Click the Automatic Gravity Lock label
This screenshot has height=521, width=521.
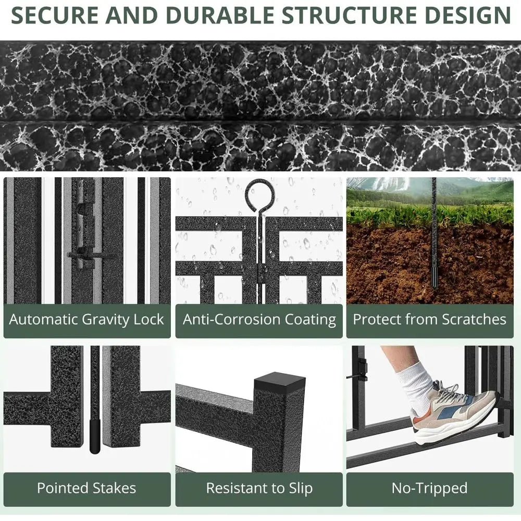tap(86, 319)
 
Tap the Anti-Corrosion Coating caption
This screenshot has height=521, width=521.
tap(259, 319)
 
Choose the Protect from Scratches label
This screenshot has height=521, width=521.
tap(430, 319)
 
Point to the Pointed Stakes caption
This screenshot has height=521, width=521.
tap(86, 488)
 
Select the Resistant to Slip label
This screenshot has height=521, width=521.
tap(259, 488)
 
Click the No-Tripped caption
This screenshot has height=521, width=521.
tap(430, 488)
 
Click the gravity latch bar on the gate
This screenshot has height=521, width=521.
tap(89, 255)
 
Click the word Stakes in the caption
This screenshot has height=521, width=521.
tap(111, 488)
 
